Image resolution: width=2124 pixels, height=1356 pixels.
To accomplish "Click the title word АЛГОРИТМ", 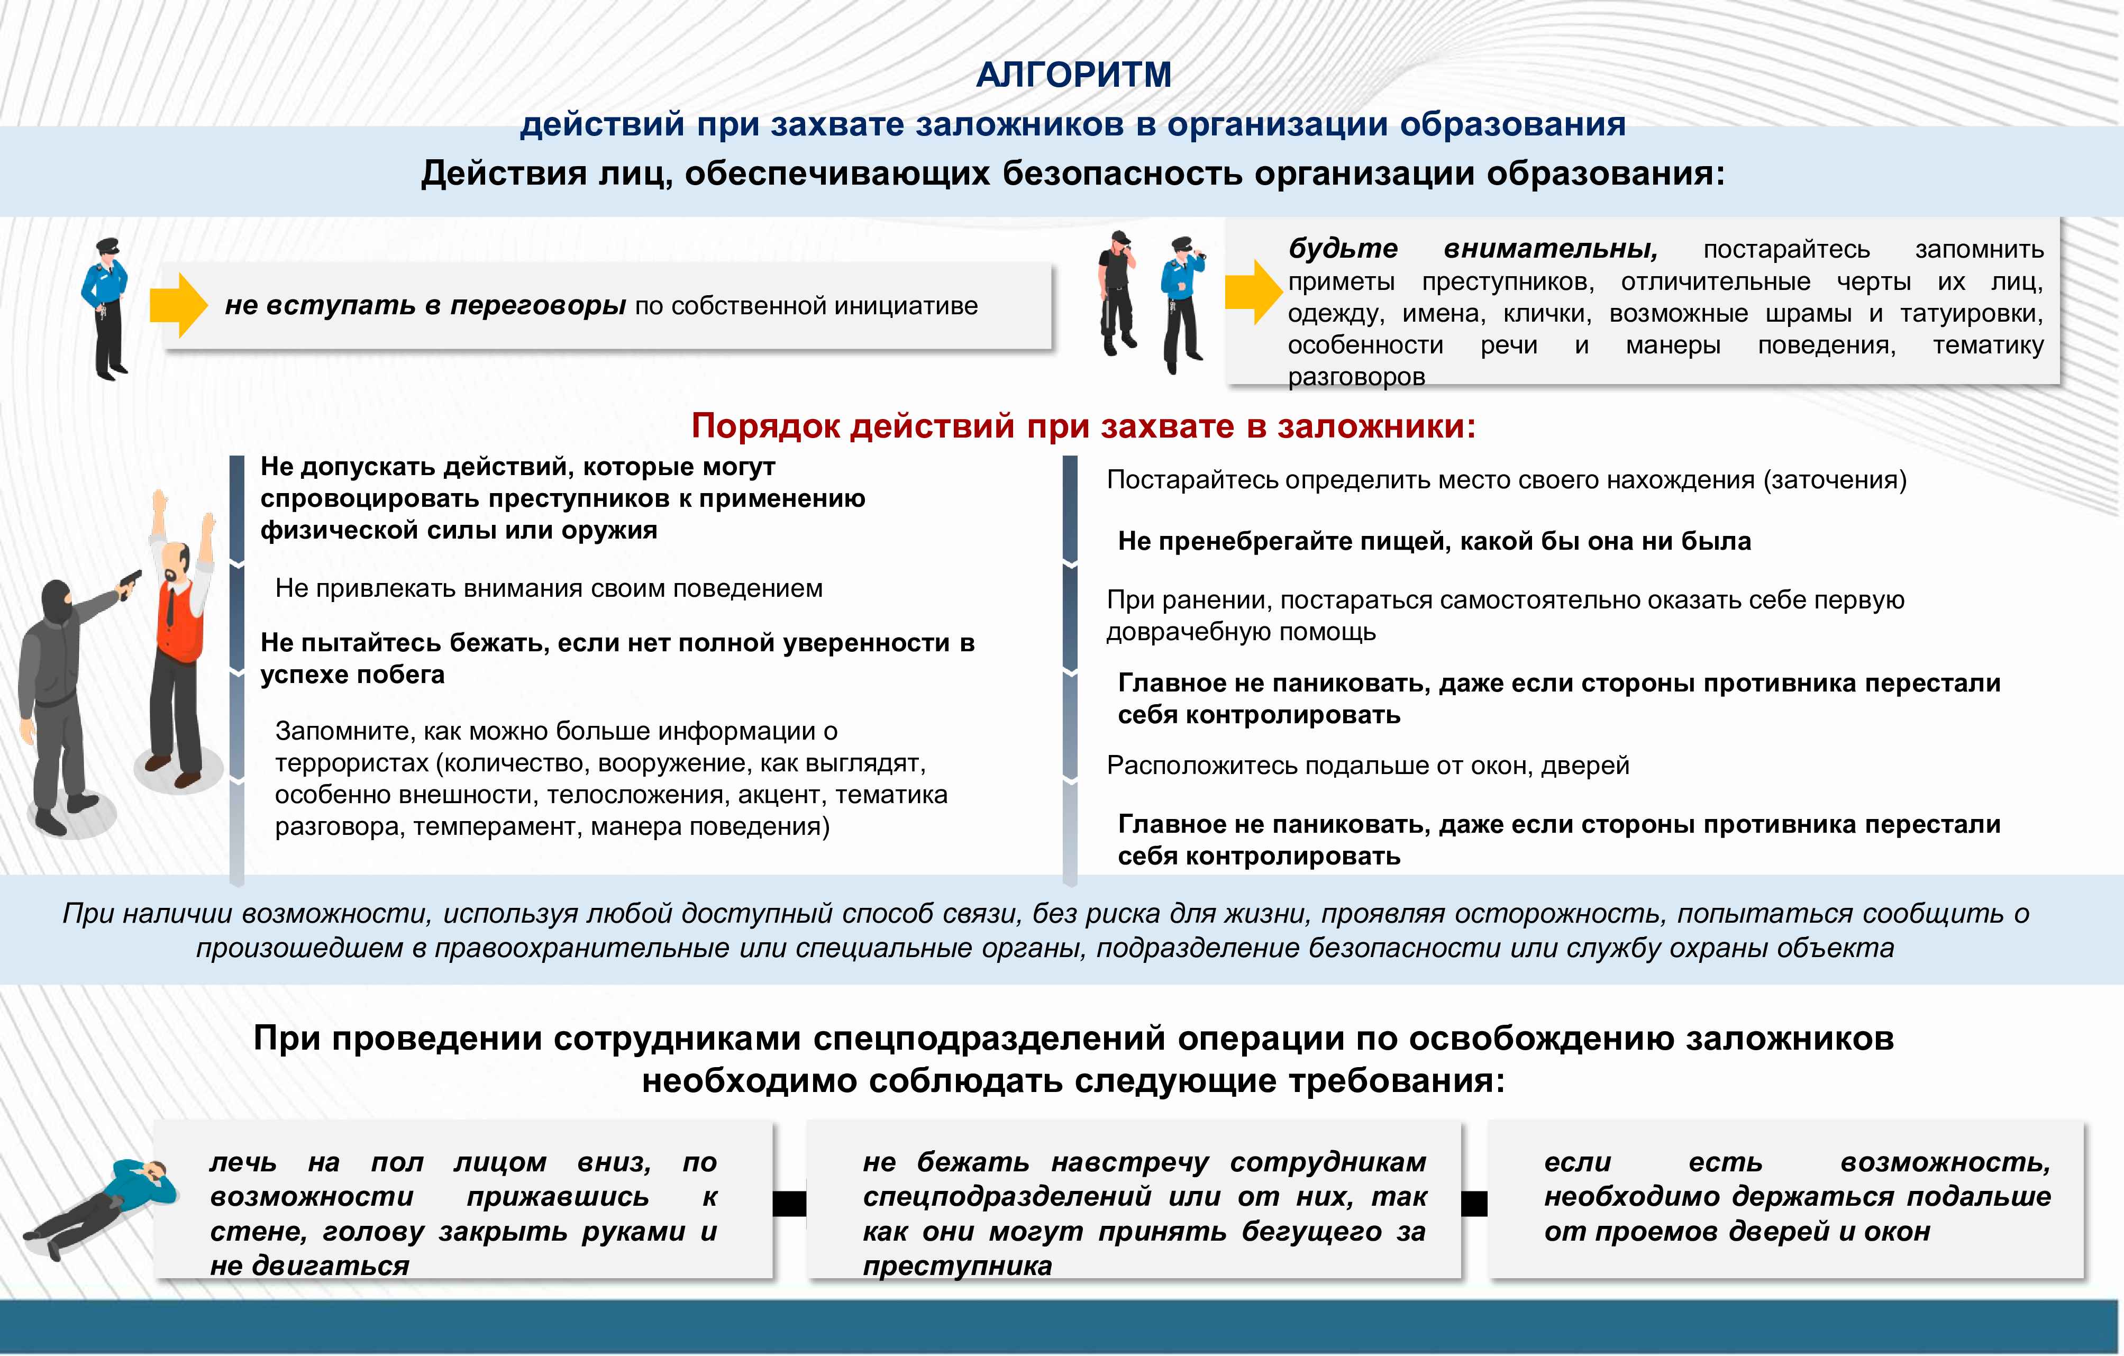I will pos(1073,75).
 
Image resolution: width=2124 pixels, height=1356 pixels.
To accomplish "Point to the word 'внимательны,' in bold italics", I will pos(1551,250).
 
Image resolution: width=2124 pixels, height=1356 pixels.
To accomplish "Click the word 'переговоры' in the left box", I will pos(538,305).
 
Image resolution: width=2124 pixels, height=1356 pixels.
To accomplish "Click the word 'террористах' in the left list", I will pos(352,763).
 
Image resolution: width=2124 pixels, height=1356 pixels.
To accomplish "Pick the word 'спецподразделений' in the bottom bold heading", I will pos(992,1039).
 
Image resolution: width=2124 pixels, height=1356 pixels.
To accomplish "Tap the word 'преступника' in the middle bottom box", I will pos(957,1266).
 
